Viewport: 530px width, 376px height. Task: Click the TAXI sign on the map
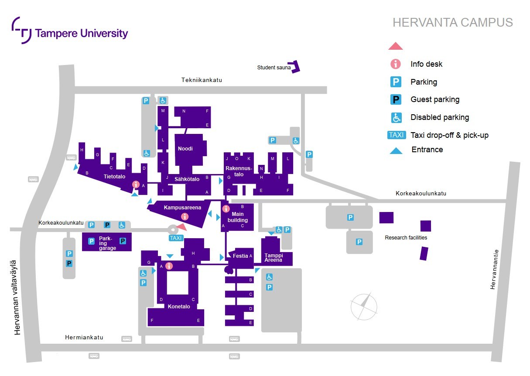(176, 238)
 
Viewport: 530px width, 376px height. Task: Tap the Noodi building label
(185, 149)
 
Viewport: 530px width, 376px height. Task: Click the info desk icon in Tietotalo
(136, 185)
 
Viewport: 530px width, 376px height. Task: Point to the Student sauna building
(296, 67)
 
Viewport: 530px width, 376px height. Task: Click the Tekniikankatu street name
(202, 80)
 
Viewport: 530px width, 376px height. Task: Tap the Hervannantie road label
(494, 269)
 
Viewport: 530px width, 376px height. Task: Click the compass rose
(364, 306)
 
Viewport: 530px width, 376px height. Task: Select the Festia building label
(240, 256)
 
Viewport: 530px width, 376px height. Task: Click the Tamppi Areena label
(274, 257)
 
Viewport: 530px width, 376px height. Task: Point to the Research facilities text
(406, 238)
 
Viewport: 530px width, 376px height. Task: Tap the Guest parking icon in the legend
(396, 99)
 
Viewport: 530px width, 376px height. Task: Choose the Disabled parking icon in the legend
(396, 117)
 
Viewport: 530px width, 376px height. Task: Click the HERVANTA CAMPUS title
(452, 23)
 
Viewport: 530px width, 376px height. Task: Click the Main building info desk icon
(226, 209)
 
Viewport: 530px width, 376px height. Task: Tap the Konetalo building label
(179, 307)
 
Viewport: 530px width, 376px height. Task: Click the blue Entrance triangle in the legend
(396, 150)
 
